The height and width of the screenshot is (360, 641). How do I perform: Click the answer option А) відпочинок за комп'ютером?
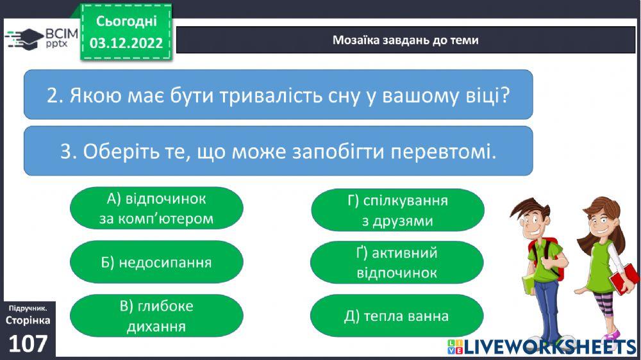(156, 208)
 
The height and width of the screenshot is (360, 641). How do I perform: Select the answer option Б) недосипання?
(156, 262)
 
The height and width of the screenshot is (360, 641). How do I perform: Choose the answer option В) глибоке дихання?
(156, 316)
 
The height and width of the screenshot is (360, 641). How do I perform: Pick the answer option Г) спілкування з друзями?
(397, 210)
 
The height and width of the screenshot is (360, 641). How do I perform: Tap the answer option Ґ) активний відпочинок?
(397, 263)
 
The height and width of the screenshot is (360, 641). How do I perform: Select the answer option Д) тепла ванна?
(397, 316)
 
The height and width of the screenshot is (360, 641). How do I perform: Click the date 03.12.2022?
(127, 44)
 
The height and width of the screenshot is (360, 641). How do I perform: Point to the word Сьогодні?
(127, 21)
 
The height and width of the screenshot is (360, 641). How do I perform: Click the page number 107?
(28, 344)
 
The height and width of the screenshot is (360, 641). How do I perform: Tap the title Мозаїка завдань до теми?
(405, 40)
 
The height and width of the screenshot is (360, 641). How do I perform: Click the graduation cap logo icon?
(23, 38)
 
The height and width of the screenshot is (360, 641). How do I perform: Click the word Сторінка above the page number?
(28, 320)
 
